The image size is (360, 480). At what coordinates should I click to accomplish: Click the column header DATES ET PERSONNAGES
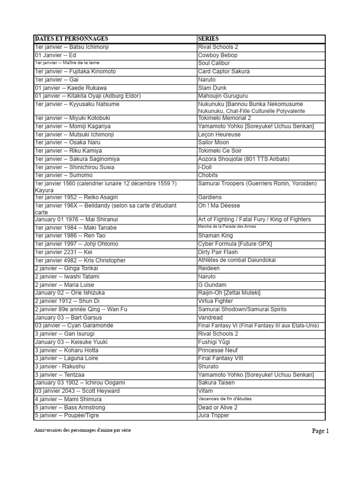tap(72, 39)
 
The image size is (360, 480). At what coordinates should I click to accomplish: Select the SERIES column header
tap(208, 39)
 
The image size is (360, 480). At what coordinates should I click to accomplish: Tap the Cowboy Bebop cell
tap(217, 55)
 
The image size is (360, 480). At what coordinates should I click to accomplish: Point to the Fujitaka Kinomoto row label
tap(75, 72)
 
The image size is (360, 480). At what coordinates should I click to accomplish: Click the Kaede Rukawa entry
tap(71, 88)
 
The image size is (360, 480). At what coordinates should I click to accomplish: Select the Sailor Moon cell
tap(213, 142)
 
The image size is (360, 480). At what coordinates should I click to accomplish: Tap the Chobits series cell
tap(208, 175)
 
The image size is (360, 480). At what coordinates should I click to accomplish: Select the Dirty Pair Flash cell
tap(217, 252)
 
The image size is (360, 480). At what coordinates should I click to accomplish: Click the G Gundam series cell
tap(212, 285)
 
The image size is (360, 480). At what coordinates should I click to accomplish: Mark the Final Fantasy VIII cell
tap(220, 359)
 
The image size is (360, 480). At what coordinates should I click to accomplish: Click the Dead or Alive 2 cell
tap(217, 408)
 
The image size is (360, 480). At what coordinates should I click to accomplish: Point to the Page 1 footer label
tap(321, 431)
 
